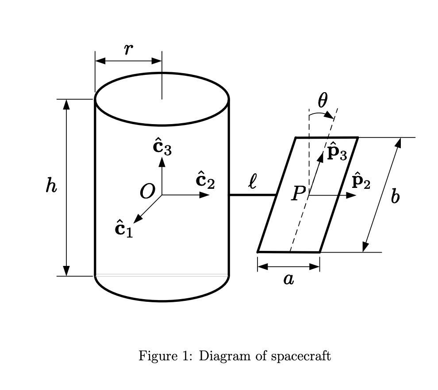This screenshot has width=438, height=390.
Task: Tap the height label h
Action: [51, 186]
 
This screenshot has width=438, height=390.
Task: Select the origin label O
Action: [147, 192]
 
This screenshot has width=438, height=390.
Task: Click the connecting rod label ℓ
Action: [252, 182]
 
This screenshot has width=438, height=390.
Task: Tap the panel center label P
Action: [298, 194]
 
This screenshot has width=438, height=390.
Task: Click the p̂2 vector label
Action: [361, 182]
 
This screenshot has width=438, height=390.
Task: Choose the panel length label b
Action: [395, 196]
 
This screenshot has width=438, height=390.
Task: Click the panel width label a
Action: [288, 280]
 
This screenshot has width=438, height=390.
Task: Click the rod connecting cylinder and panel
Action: [252, 195]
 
